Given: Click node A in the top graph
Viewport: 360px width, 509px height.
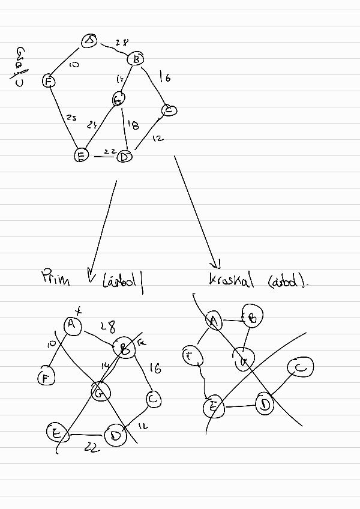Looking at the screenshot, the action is [90, 41].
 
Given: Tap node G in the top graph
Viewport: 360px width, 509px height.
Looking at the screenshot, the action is [119, 100].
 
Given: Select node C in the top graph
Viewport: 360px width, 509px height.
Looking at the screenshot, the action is [169, 110].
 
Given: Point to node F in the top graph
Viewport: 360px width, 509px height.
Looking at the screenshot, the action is [49, 81].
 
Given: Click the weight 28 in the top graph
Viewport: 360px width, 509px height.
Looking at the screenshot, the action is [121, 43].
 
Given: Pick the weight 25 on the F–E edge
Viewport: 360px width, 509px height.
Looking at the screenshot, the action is [71, 118].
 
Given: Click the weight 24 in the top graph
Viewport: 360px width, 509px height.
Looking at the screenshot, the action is [91, 125].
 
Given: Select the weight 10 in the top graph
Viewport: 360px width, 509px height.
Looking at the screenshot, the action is [74, 64].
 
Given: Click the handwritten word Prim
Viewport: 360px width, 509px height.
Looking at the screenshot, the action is [56, 278].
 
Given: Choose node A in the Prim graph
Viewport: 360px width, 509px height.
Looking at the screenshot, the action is [72, 325].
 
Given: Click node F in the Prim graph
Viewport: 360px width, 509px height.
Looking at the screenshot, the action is [45, 378].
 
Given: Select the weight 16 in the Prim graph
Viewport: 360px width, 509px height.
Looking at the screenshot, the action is [155, 369].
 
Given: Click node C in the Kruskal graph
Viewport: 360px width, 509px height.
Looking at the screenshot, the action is [301, 367].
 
